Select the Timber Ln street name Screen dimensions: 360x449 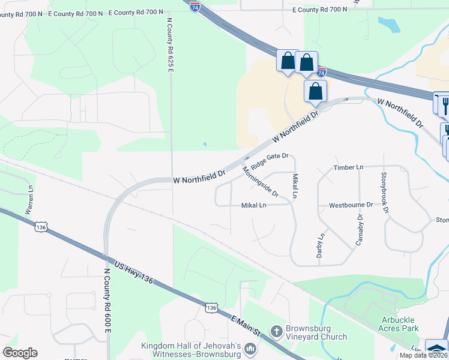coord(349,167)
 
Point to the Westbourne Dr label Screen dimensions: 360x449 coord(351,205)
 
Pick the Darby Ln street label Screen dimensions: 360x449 coord(320,245)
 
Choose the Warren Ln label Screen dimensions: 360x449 coord(29,200)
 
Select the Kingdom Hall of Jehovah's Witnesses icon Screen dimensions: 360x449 coord(250,348)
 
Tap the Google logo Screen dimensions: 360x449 coord(20,353)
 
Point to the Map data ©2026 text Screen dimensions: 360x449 coord(423,355)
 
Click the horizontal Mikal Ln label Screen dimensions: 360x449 coord(253,205)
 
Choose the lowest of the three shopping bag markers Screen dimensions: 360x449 coord(315,92)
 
